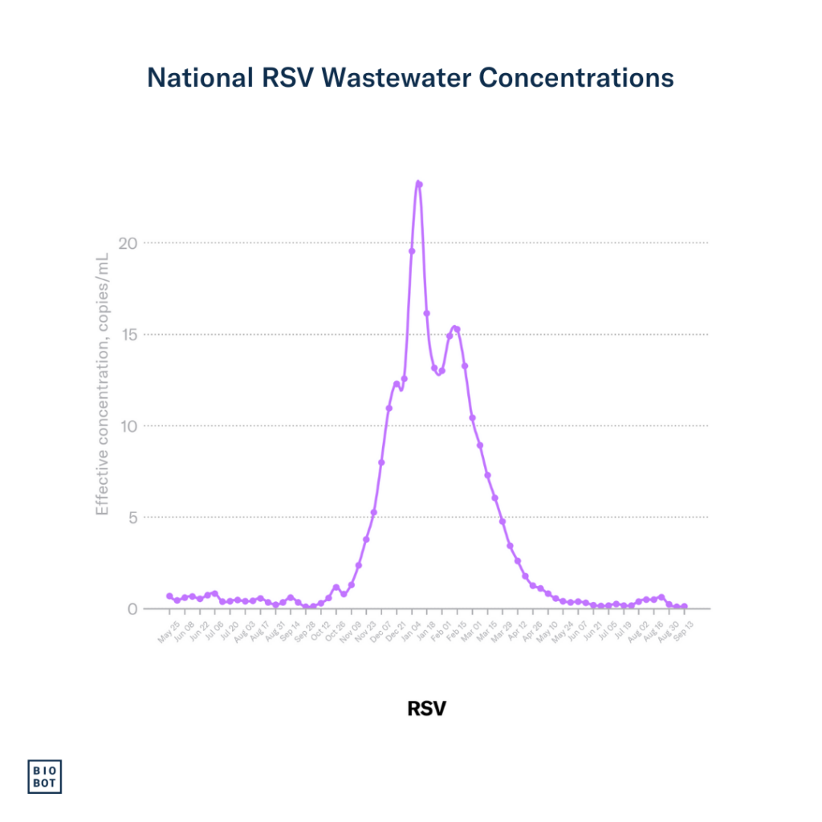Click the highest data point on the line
pos(418,184)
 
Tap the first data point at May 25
pos(169,596)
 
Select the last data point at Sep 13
pos(684,607)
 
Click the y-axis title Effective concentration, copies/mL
pos(102,384)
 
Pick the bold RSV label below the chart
pos(426,709)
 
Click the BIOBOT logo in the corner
pos(45,775)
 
